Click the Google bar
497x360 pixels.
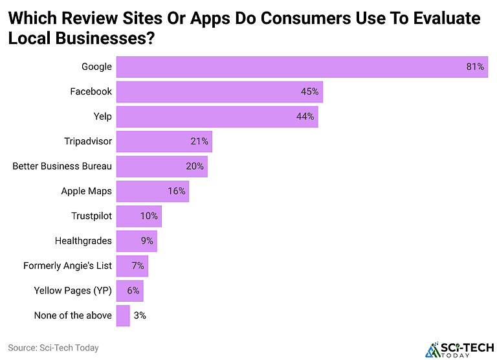pyautogui.click(x=302, y=67)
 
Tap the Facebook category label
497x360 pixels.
pyautogui.click(x=91, y=91)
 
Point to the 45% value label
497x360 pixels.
pyautogui.click(x=310, y=91)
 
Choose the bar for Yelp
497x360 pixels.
pyautogui.click(x=217, y=117)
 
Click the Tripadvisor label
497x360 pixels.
pyautogui.click(x=88, y=141)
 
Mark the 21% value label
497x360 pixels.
pyautogui.click(x=199, y=141)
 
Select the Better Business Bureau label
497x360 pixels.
pyautogui.click(x=62, y=166)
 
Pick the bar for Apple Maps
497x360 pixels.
pyautogui.click(x=152, y=191)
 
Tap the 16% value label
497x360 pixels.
pyautogui.click(x=177, y=191)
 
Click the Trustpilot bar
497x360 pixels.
pyautogui.click(x=138, y=216)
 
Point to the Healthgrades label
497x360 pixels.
pyautogui.click(x=83, y=241)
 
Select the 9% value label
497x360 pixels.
pyautogui.click(x=147, y=241)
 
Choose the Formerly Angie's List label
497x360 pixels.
pyautogui.click(x=67, y=265)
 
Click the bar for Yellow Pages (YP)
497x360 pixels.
pyautogui.click(x=129, y=291)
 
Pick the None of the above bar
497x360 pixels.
pyautogui.click(x=123, y=315)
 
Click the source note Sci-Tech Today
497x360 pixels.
pyautogui.click(x=53, y=348)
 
